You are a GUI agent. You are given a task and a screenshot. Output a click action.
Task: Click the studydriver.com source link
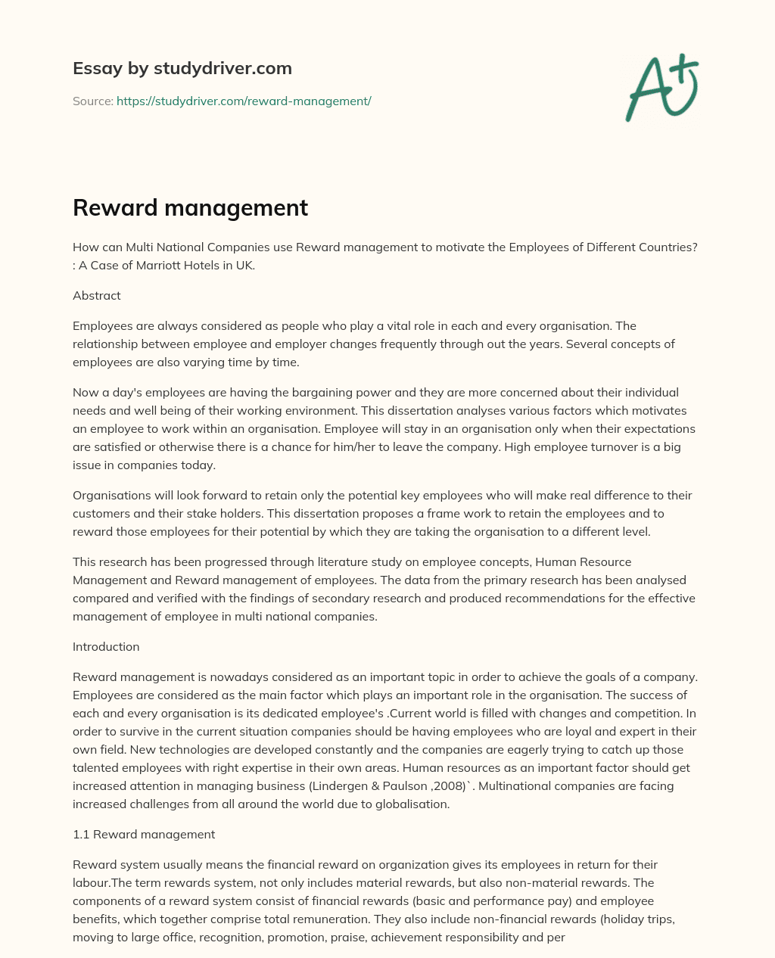[x=244, y=101]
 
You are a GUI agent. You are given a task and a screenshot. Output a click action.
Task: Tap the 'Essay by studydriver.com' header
[x=182, y=69]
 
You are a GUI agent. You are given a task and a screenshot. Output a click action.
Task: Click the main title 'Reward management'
[x=190, y=207]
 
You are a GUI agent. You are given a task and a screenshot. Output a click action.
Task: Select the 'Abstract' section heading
[x=97, y=296]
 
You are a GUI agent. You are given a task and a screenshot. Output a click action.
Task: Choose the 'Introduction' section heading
[x=106, y=647]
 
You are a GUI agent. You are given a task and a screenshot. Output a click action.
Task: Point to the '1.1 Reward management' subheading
[x=144, y=835]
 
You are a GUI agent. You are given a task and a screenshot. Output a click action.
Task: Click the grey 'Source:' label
[x=92, y=101]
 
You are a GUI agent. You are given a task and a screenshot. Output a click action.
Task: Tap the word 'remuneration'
[x=428, y=919]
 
